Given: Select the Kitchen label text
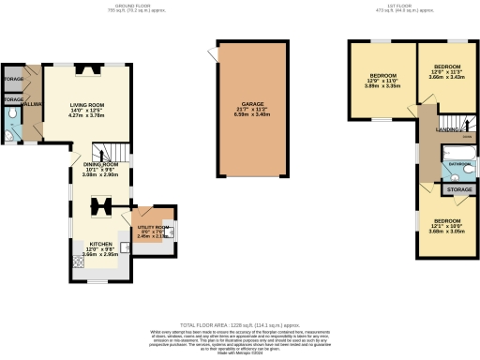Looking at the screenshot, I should (100, 242).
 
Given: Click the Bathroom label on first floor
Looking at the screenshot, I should (458, 164).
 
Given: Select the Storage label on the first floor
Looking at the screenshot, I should (459, 189).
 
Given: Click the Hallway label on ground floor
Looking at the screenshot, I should (32, 106).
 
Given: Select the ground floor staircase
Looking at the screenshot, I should (113, 150).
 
